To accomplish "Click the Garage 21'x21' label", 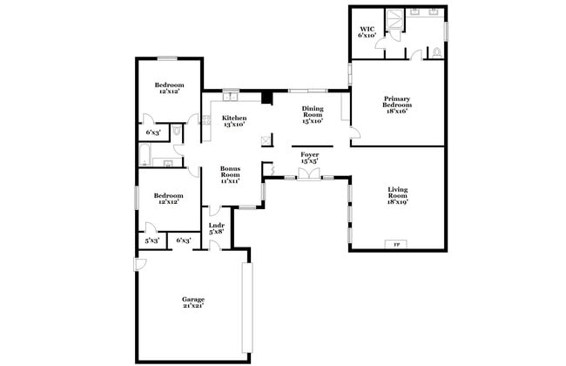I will pos(193,302).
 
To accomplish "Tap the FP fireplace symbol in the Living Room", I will pos(397,243).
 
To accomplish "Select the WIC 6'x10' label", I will pos(367,32).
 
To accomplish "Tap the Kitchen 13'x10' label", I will pos(233,120).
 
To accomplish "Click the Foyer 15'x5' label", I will pos(309,158).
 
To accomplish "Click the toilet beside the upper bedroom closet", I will pos(177,131).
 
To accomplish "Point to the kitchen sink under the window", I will pos(231,97).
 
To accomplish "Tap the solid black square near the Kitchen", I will pos(268,98).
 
